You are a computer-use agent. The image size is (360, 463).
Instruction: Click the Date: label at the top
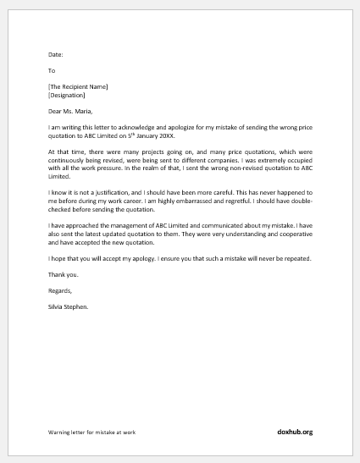point(55,55)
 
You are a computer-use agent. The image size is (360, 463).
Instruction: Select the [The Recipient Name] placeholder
point(78,87)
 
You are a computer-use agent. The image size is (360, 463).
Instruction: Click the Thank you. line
point(64,274)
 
